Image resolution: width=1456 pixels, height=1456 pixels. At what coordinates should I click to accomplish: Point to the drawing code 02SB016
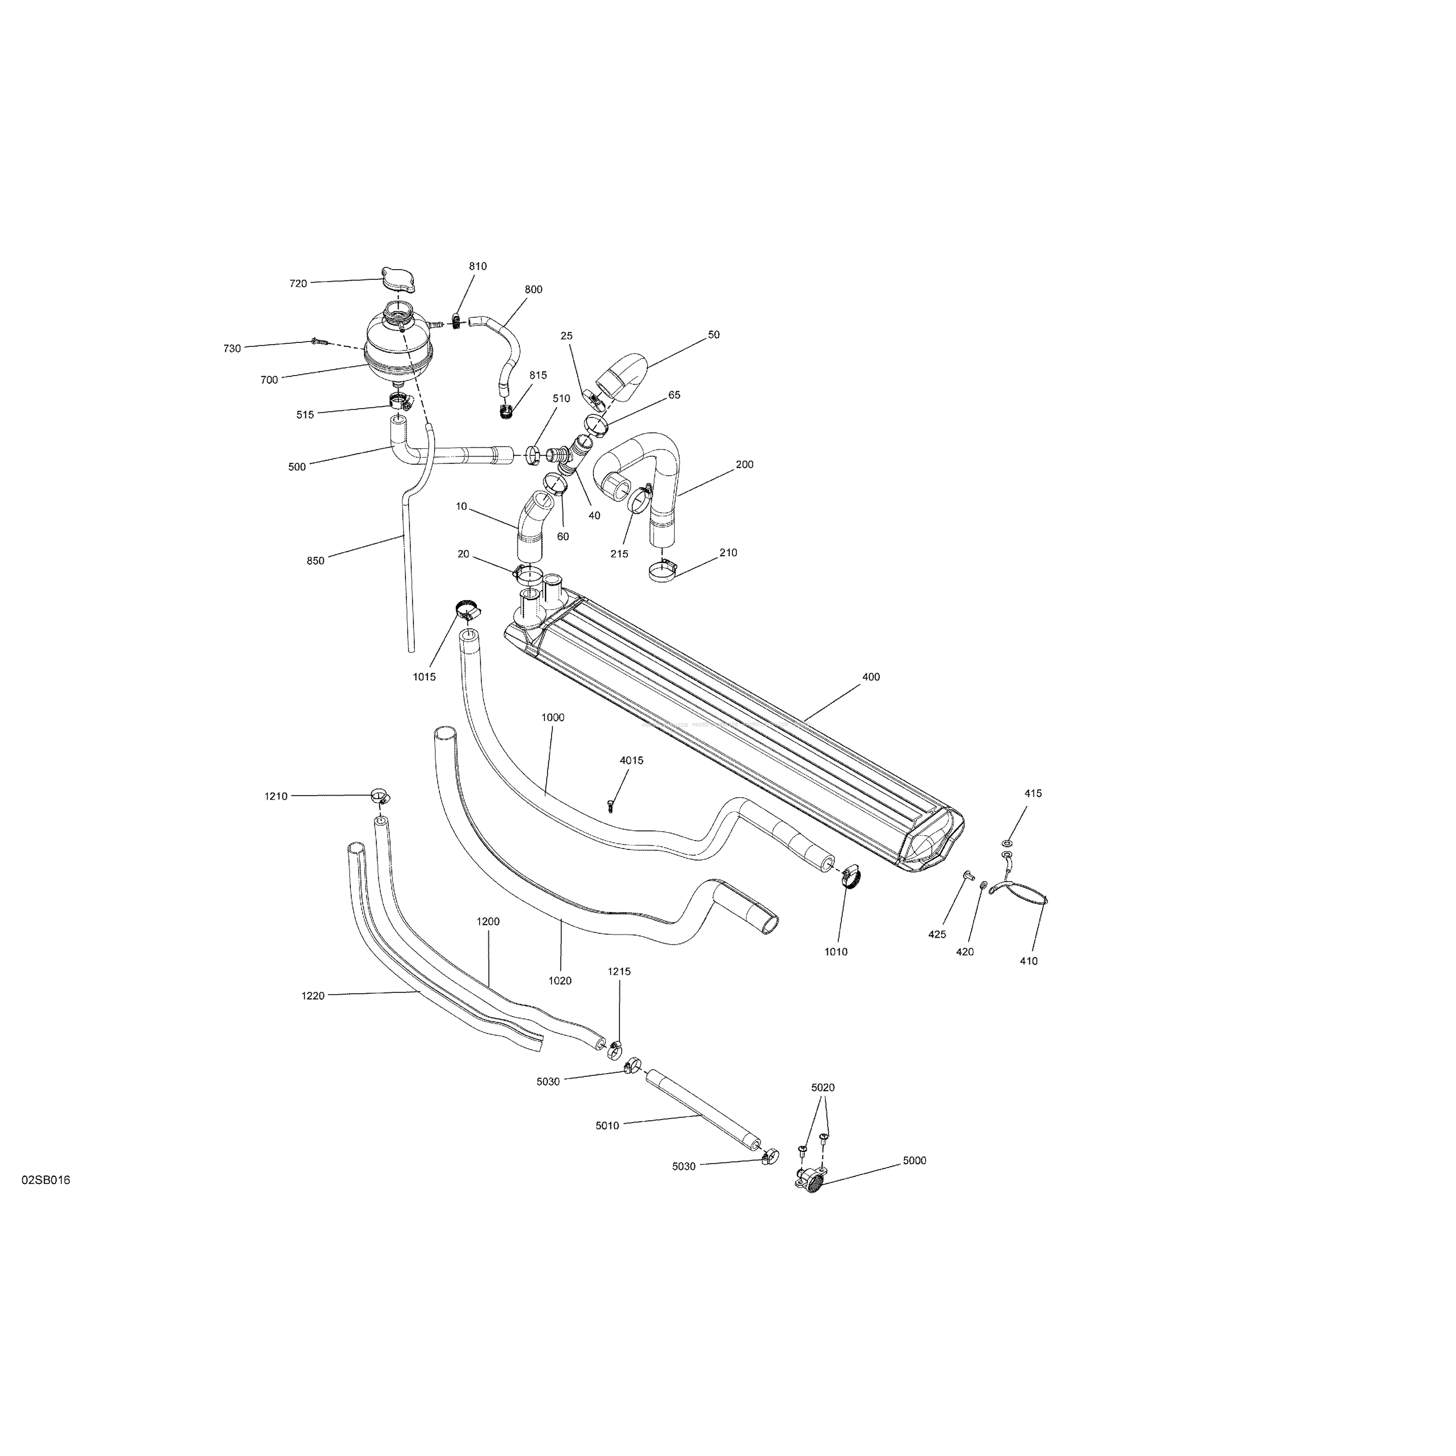[46, 1201]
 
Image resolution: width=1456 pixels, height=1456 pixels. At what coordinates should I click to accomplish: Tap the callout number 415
[1033, 793]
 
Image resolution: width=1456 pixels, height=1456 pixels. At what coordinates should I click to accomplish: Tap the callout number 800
[534, 289]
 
